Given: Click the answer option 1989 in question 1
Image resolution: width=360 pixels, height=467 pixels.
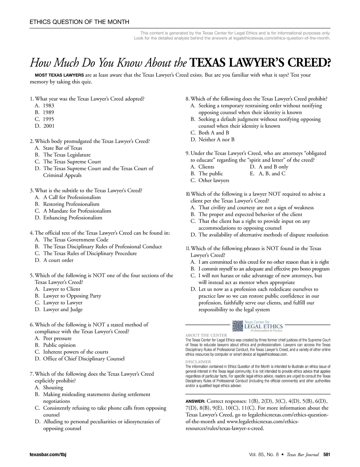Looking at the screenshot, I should (48, 112).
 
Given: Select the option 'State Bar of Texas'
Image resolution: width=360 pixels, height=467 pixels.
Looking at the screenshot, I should (62, 148).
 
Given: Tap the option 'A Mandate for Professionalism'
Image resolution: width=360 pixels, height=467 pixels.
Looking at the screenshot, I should (77, 211).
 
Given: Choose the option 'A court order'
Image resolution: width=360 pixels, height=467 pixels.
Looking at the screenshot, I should (58, 260).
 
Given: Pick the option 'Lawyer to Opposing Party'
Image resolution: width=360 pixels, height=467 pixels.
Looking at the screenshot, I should (72, 296).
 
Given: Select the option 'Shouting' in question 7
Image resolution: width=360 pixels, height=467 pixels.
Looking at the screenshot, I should (53, 388).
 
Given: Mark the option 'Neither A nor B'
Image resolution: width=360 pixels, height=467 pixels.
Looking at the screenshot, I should (216, 140).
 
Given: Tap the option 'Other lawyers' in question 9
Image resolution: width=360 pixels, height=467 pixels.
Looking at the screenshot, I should (214, 180).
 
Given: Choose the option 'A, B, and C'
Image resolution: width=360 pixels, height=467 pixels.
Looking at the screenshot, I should (272, 174).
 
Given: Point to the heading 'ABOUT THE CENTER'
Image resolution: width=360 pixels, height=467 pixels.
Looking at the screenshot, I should (206, 335).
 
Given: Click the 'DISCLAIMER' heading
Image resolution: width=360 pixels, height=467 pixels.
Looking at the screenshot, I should (198, 361).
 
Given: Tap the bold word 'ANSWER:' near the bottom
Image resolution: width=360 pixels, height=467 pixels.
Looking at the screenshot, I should (195, 401).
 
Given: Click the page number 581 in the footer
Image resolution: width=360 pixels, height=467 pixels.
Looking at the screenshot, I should (326, 455).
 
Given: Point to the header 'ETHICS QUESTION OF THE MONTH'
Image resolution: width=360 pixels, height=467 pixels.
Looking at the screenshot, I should (79, 22).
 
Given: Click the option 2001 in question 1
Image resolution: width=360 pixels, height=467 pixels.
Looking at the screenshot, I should (49, 126).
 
